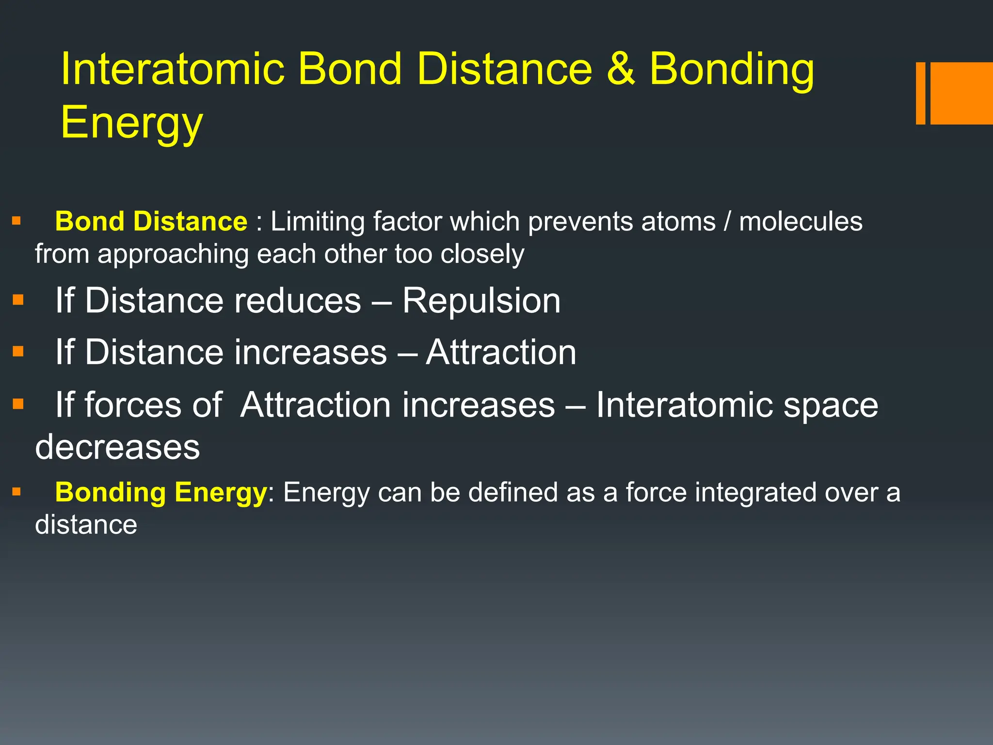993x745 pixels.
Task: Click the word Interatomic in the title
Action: [x=172, y=69]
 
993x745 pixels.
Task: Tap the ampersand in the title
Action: [x=620, y=69]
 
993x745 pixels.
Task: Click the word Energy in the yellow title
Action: [x=131, y=122]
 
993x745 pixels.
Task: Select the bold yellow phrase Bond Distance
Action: [x=151, y=222]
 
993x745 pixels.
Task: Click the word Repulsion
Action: [x=481, y=301]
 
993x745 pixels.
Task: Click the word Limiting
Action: [x=318, y=222]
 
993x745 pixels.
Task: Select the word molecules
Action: [x=801, y=222]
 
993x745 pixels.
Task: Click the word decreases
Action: [x=117, y=447]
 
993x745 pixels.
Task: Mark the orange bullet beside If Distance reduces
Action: [x=18, y=300]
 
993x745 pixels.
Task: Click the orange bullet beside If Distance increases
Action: [x=18, y=351]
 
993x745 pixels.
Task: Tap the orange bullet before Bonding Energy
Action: [x=17, y=492]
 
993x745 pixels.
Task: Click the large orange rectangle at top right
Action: [x=961, y=93]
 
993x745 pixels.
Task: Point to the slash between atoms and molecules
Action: [x=727, y=222]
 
